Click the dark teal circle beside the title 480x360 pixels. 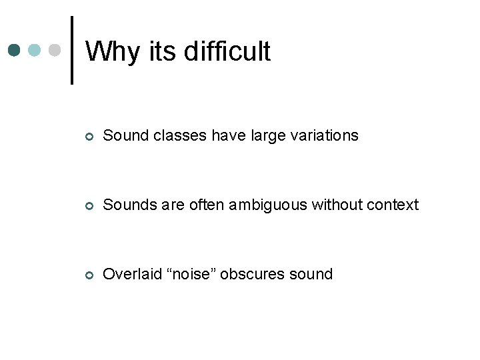coord(15,50)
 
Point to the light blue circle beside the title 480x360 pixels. coord(35,50)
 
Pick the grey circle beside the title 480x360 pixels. coord(55,50)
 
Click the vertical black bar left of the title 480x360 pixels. coord(72,50)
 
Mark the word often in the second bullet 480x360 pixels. coord(207,205)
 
